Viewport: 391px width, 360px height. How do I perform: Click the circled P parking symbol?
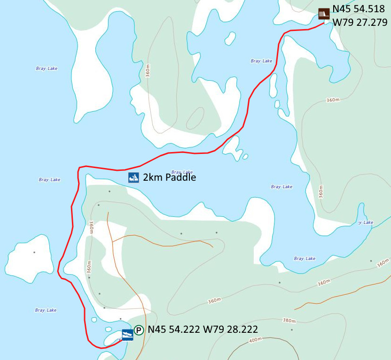tap(139, 330)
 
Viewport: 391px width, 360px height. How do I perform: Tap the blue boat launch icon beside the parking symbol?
tap(127, 335)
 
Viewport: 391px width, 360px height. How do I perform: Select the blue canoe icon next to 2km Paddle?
tap(134, 177)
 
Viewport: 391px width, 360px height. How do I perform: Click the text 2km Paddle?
tap(169, 177)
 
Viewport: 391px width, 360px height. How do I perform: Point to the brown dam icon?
tap(323, 14)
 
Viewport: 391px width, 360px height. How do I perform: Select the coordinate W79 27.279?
tap(360, 22)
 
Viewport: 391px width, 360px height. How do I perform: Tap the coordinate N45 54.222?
tap(174, 330)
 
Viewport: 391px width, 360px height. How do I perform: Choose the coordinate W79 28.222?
tap(230, 330)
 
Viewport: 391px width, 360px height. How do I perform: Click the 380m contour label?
tap(289, 321)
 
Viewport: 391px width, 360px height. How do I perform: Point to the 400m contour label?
tap(256, 339)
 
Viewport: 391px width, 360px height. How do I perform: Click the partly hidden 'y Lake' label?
tap(366, 222)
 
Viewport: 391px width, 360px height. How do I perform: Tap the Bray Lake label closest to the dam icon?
tap(261, 61)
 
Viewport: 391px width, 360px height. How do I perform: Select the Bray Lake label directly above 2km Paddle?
tap(182, 172)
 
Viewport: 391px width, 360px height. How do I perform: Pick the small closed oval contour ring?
tap(195, 118)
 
